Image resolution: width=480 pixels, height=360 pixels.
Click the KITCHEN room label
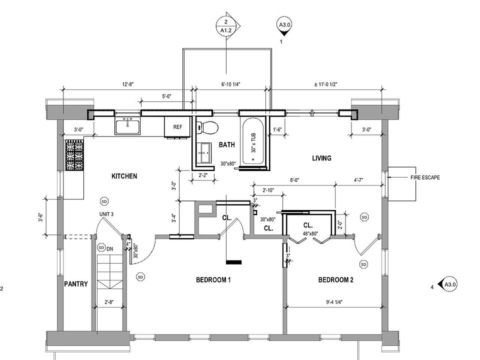pos(124,176)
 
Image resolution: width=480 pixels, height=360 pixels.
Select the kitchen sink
pos(128,126)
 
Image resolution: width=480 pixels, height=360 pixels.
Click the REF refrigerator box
pos(177,126)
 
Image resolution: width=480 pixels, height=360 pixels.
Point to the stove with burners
pos(73,154)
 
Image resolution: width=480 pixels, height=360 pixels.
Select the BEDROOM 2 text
pos(335,280)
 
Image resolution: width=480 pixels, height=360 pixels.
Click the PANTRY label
pos(76,284)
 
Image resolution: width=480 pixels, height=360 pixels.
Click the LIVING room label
pos(321,158)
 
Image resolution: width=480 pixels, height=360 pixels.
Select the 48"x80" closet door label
pos(309,233)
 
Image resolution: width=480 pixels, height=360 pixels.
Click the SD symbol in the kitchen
pos(104,201)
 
